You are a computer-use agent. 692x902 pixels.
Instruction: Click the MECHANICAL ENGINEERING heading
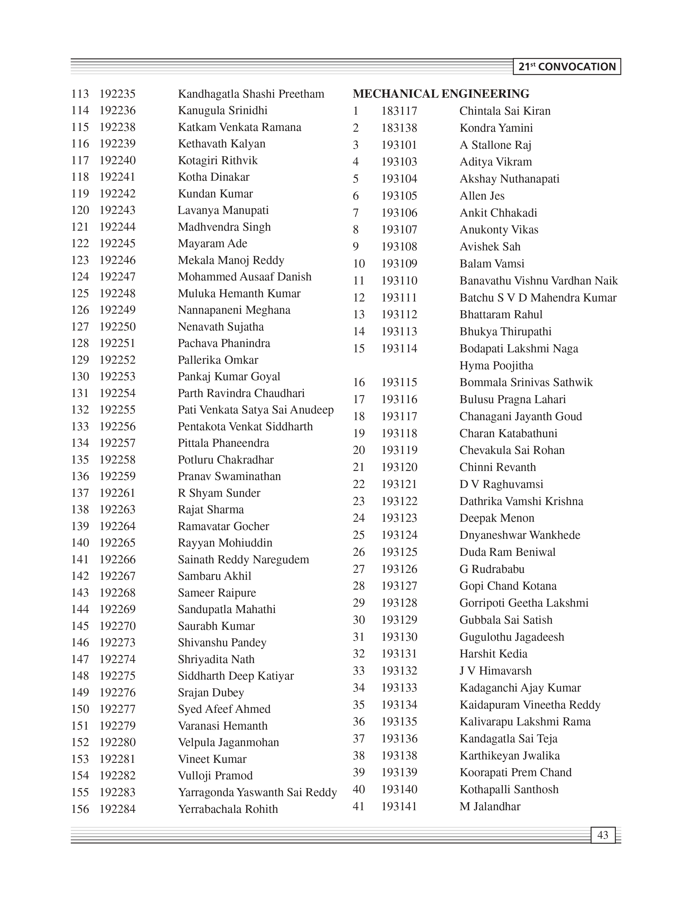441,94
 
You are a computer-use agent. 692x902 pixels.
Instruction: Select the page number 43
603,835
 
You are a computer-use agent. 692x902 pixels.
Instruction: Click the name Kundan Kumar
215,193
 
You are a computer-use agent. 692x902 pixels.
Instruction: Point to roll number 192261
117,493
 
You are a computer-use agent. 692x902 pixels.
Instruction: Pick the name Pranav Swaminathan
229,476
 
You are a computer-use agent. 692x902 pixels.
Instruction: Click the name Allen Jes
482,196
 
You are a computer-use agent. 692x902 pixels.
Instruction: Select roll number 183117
399,111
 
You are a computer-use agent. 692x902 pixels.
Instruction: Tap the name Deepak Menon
497,518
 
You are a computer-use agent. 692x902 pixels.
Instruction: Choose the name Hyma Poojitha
496,366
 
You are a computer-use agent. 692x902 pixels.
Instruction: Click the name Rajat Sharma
211,510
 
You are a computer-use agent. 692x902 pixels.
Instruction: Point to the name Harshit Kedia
493,654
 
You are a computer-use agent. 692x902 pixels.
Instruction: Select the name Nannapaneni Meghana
234,310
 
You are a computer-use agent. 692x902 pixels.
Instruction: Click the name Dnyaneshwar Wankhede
520,535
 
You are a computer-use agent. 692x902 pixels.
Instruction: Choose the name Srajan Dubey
211,692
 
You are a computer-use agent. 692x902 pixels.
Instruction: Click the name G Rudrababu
492,569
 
